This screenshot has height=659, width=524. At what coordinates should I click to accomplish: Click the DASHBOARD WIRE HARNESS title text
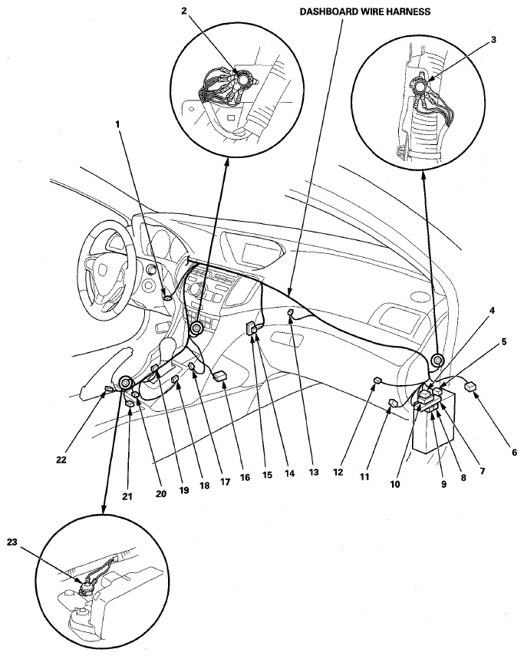364,12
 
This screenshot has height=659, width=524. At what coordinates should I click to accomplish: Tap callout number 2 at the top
184,11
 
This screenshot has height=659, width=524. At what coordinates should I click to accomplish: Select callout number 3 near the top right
493,40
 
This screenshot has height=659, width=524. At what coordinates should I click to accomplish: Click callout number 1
117,124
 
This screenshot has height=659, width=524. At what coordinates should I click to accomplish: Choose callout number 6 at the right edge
514,453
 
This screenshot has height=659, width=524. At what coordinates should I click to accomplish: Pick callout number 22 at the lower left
61,460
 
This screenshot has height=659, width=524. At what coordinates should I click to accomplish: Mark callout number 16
245,477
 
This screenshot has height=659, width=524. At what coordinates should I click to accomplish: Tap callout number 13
314,472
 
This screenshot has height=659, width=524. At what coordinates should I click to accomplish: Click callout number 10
395,484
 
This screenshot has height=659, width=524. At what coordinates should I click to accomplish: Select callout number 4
491,311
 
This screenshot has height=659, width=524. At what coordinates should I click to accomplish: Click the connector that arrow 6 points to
470,385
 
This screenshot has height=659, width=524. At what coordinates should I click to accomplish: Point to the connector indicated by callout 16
220,376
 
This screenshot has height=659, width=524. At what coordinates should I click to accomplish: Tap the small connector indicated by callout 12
377,381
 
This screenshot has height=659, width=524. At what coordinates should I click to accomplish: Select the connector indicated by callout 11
393,403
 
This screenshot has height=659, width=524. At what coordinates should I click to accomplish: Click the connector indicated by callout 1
167,298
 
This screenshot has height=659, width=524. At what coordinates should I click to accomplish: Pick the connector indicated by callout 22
108,390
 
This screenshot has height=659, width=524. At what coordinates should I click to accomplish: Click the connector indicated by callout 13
290,312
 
